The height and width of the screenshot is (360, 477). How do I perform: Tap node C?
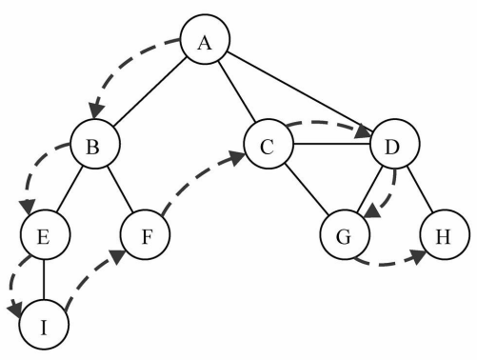268,146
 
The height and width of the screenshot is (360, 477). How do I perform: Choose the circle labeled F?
145,233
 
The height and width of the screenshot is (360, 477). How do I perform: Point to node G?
345,234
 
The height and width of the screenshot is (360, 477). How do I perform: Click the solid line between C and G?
307,190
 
